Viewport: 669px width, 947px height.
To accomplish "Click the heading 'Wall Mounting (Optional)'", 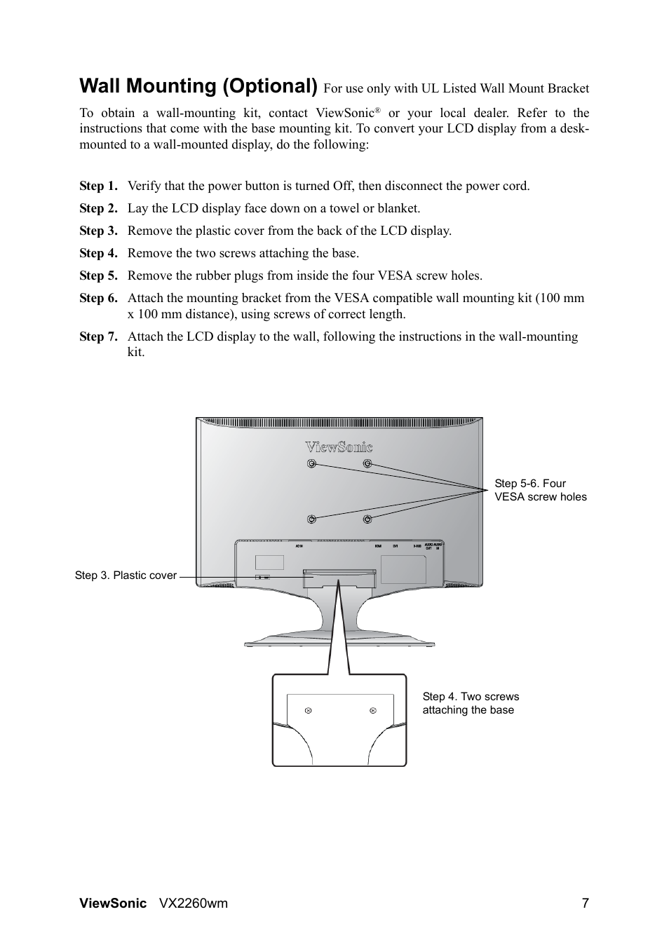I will point(198,86).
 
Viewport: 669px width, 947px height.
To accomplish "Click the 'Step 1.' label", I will point(98,186).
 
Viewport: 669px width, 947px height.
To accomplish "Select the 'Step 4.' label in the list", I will point(98,253).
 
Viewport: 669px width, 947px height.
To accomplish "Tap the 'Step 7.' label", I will point(98,336).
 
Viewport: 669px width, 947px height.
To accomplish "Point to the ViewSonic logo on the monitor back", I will point(339,447).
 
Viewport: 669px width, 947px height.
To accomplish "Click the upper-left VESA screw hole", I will point(311,463).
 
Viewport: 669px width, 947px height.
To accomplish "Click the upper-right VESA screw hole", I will point(367,463).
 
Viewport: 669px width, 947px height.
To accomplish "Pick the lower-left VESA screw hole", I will point(311,519).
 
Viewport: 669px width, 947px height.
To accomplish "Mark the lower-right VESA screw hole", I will point(367,519).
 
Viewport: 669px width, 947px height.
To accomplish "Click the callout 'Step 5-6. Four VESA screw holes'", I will point(540,490).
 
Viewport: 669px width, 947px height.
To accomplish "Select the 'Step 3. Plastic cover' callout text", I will point(126,575).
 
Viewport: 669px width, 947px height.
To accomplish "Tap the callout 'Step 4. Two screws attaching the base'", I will point(471,703).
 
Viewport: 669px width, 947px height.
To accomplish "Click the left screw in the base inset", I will point(308,711).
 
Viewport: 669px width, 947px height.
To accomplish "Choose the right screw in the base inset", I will point(373,711).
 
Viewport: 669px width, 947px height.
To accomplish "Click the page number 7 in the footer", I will point(585,903).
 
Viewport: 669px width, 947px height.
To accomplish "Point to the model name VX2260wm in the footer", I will point(194,903).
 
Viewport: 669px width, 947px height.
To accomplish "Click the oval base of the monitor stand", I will point(339,639).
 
